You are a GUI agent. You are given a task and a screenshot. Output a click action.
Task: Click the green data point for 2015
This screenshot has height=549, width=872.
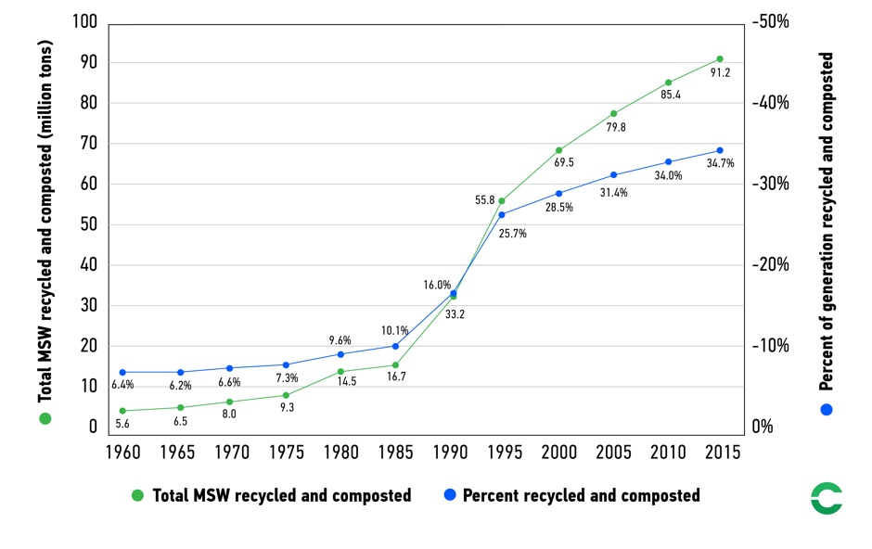(x=719, y=58)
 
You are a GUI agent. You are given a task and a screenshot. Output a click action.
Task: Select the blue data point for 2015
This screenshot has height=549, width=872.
(x=719, y=150)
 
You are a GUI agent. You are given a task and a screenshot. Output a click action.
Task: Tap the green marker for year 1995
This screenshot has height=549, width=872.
(x=502, y=201)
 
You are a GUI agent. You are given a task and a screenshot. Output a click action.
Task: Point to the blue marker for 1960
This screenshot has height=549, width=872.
(x=122, y=372)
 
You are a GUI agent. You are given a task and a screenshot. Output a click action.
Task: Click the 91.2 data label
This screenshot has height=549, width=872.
(x=721, y=73)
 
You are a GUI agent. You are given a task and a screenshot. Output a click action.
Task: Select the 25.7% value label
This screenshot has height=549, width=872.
(x=512, y=234)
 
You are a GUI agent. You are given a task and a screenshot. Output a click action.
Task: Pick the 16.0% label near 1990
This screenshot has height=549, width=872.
(x=436, y=285)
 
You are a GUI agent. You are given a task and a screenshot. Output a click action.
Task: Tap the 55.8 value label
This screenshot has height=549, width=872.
(x=484, y=200)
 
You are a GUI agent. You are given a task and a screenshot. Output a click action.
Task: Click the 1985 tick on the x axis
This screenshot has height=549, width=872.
(x=394, y=452)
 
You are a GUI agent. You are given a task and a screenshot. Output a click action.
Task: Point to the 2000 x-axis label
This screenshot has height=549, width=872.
(x=558, y=452)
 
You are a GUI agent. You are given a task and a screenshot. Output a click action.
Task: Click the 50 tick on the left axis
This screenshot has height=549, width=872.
(x=88, y=224)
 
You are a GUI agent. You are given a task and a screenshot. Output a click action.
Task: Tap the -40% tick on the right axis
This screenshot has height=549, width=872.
(x=770, y=103)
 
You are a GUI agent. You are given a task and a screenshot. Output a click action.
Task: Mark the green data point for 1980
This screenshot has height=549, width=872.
(x=340, y=372)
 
